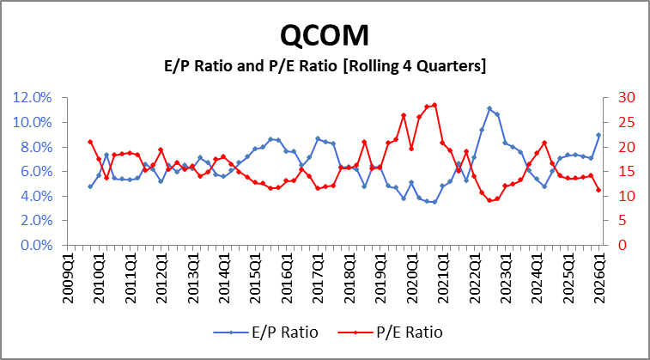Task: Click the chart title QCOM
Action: tap(325, 34)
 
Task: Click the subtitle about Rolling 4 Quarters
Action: tap(325, 66)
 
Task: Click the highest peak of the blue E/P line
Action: tap(489, 108)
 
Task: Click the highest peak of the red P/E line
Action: tap(434, 105)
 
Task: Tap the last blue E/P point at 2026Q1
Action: tap(598, 135)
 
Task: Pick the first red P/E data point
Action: tap(90, 142)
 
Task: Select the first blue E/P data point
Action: tap(90, 186)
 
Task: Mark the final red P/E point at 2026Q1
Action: tap(598, 190)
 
